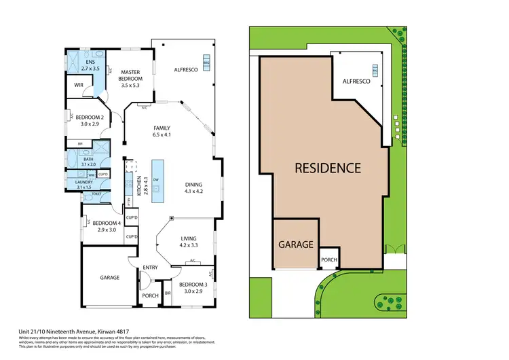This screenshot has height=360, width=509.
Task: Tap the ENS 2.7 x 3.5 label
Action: pos(90,66)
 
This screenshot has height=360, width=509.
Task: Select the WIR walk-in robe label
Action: pos(78,86)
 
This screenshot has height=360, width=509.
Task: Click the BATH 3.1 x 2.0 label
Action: pos(89,162)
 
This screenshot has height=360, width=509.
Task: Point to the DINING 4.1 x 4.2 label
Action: pos(194,187)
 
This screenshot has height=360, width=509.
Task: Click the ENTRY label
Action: pos(150,268)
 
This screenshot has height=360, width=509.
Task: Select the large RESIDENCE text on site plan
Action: pos(327,168)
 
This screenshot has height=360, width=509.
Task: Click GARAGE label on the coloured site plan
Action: pos(295,244)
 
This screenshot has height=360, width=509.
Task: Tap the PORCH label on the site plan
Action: pos(329,259)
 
